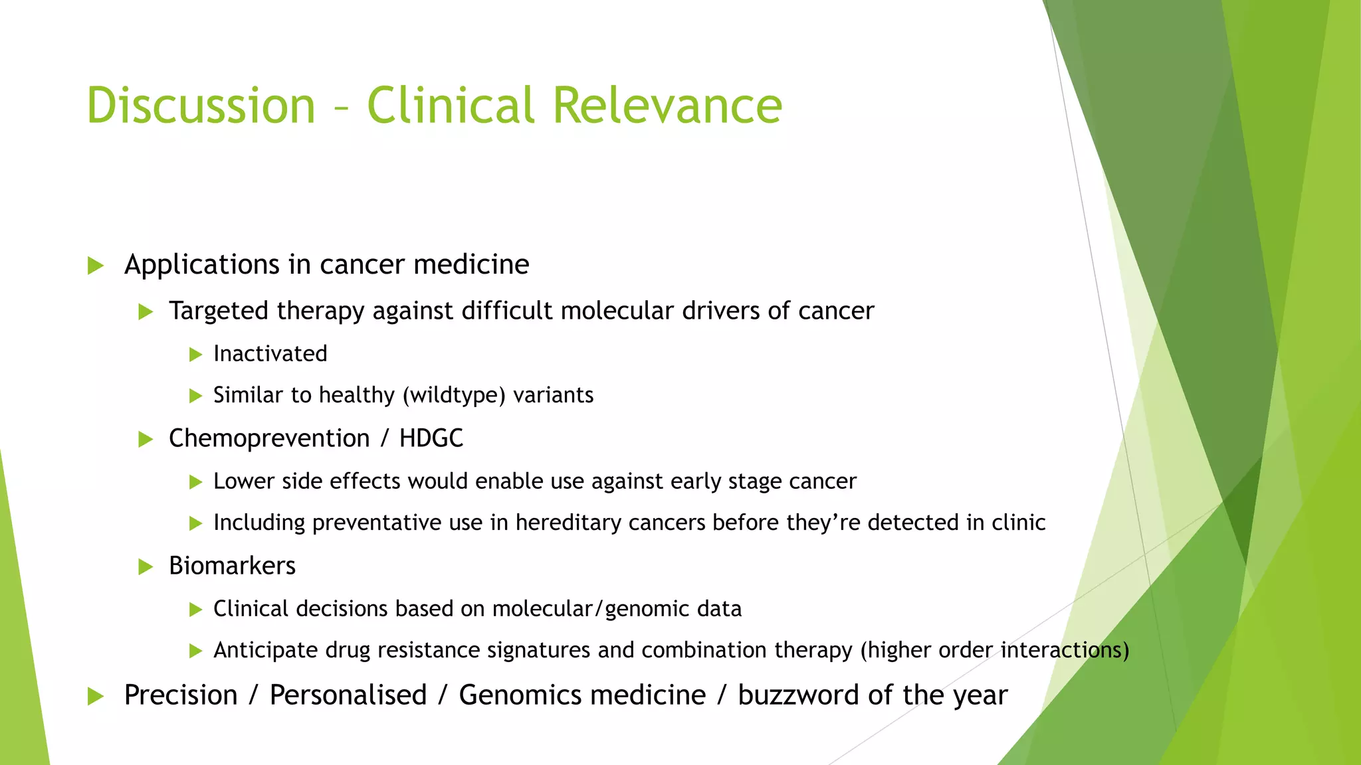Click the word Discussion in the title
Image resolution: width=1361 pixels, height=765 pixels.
201,105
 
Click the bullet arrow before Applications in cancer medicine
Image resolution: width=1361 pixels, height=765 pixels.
96,266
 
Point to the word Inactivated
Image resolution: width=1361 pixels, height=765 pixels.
270,354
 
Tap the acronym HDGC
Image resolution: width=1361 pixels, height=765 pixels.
431,438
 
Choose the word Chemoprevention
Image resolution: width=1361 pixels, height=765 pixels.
269,438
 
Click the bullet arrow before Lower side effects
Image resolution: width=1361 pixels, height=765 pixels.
195,482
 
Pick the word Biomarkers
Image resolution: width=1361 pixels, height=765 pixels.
232,566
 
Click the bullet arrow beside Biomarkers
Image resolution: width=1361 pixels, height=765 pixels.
146,567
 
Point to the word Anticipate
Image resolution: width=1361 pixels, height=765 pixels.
265,650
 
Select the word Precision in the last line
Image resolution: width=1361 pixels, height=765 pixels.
181,695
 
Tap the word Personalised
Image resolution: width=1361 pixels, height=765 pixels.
348,695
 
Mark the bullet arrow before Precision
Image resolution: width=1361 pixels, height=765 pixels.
96,697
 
